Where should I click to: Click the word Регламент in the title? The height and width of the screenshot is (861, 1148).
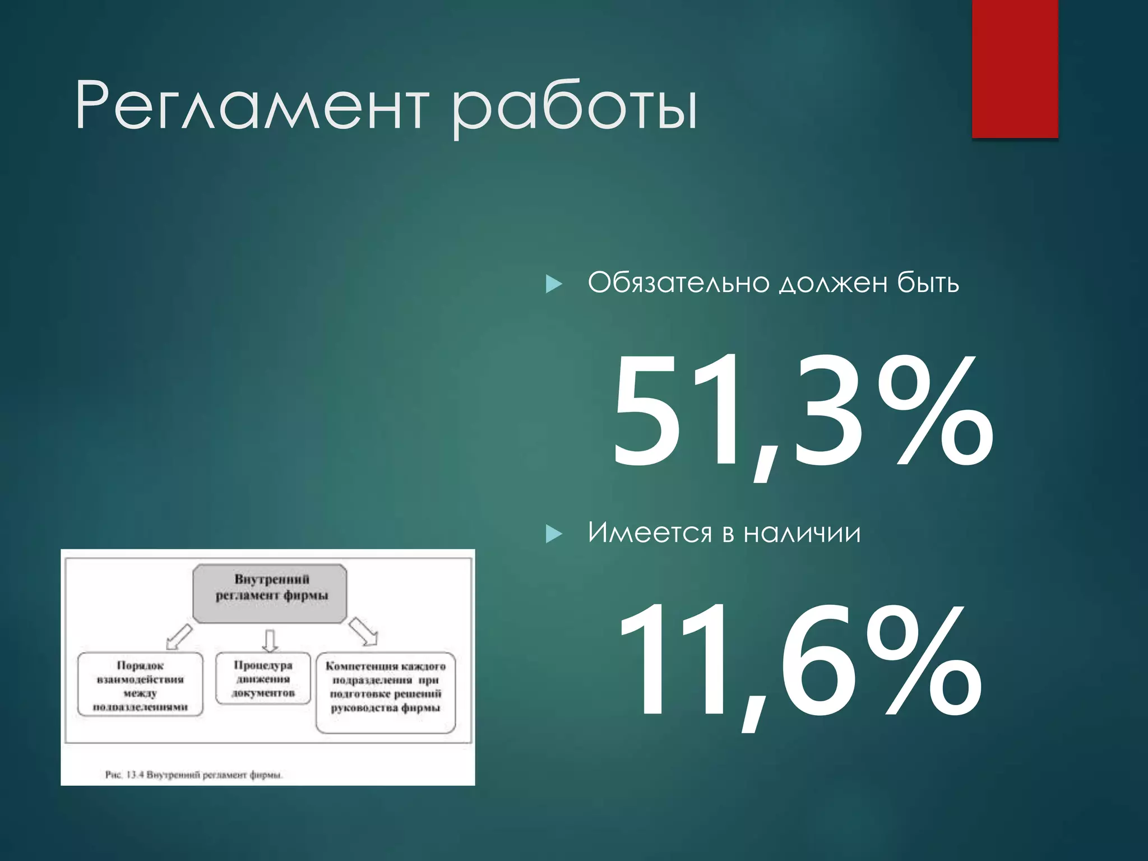click(252, 105)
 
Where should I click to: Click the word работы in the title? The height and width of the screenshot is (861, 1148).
click(575, 108)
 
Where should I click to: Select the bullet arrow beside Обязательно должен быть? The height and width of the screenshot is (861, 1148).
click(553, 284)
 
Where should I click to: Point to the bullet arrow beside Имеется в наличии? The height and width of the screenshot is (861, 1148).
click(553, 534)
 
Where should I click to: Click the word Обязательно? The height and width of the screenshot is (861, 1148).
click(678, 283)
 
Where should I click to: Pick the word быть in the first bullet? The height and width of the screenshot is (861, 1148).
click(928, 283)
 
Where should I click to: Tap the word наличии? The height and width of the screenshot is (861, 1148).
click(802, 533)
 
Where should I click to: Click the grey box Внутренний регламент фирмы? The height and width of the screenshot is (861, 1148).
click(270, 594)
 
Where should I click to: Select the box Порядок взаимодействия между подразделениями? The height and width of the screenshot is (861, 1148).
click(140, 685)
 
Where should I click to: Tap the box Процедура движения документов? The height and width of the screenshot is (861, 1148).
click(263, 679)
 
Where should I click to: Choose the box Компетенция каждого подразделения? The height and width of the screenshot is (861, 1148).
click(386, 692)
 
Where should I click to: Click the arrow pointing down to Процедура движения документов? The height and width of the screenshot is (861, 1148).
click(270, 640)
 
